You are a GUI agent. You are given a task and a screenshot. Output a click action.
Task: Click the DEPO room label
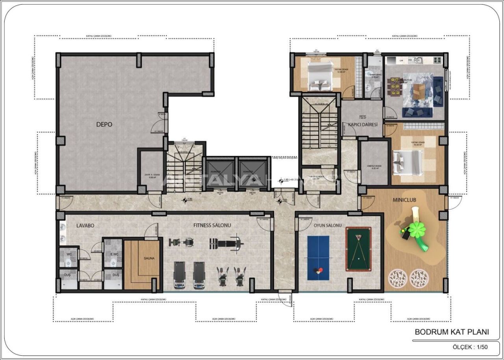[x=104, y=124]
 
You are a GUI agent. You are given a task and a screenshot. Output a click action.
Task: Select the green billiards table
[x=358, y=249]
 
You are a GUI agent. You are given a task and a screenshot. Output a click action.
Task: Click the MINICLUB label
[x=404, y=200]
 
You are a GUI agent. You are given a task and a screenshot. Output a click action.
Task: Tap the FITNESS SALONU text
[x=212, y=225]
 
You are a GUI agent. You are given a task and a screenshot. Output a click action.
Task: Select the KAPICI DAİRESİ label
[x=360, y=124]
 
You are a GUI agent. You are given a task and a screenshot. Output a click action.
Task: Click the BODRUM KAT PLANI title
[x=452, y=332]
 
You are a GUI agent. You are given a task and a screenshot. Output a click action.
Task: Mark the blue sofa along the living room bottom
[x=417, y=113]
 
